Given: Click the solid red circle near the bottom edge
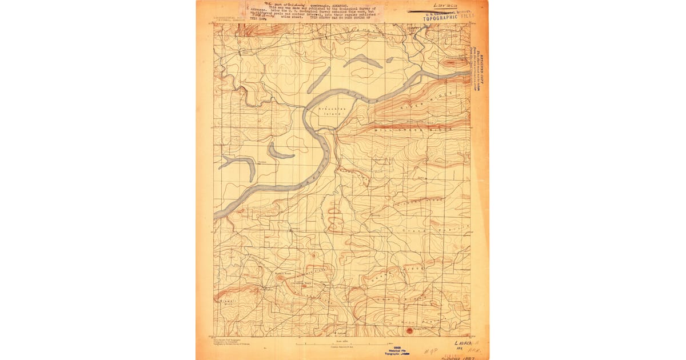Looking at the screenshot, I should click(409, 330).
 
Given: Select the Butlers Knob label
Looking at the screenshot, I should click(283, 273).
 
